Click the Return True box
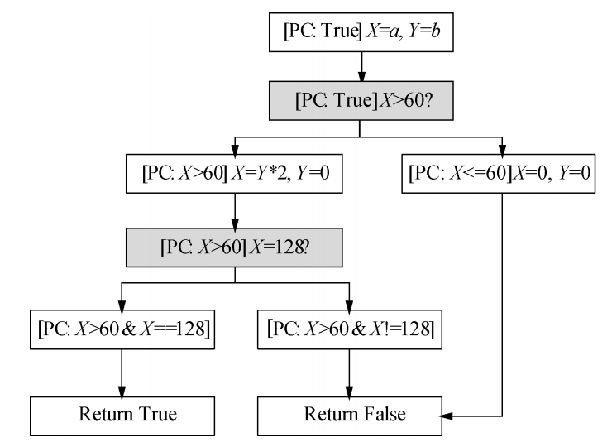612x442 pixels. pyautogui.click(x=122, y=414)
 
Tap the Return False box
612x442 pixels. pyautogui.click(x=351, y=414)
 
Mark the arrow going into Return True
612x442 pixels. pyautogui.click(x=122, y=372)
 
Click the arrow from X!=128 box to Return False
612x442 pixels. pyautogui.click(x=351, y=372)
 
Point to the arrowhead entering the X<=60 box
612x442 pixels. pyautogui.click(x=502, y=153)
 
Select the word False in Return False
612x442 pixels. pyautogui.click(x=381, y=414)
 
